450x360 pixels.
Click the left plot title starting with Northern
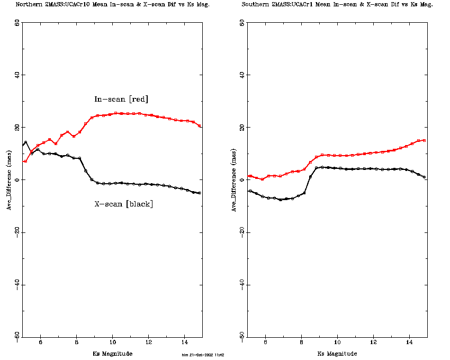click(112, 4)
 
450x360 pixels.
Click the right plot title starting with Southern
click(337, 4)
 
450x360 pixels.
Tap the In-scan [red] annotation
click(121, 99)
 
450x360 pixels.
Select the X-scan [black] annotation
click(123, 204)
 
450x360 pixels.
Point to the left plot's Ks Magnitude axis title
click(112, 354)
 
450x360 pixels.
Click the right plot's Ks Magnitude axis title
click(337, 354)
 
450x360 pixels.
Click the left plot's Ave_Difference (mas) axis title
click(9, 180)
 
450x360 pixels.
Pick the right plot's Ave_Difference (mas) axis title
click(234, 180)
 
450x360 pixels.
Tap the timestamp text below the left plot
click(203, 355)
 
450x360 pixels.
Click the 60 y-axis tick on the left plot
click(17, 23)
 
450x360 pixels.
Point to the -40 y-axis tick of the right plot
click(242, 284)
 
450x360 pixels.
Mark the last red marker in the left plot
click(200, 126)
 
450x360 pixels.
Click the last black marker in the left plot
click(200, 193)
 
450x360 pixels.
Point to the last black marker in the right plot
click(425, 177)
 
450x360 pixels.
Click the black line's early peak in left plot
click(25, 142)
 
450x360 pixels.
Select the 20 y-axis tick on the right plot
click(242, 128)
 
